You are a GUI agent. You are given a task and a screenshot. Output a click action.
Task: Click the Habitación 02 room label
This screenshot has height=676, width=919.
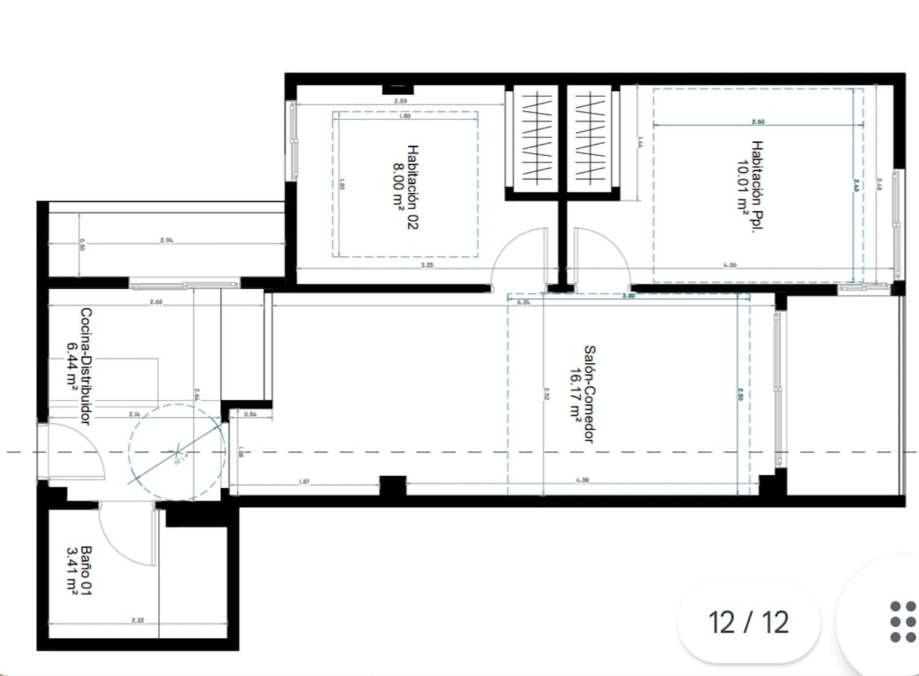[x=413, y=187]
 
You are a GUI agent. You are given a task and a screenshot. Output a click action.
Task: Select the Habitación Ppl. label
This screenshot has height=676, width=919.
[x=757, y=187]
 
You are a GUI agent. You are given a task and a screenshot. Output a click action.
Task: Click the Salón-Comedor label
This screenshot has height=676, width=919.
[x=589, y=394]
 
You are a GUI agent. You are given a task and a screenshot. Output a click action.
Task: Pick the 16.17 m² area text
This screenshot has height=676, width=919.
[x=575, y=394]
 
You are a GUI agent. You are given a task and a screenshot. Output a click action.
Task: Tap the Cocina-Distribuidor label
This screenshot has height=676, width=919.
[x=86, y=366]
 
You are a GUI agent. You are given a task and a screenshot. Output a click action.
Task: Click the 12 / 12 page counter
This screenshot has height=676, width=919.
[x=748, y=622]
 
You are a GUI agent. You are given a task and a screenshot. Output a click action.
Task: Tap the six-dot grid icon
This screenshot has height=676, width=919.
[x=903, y=622]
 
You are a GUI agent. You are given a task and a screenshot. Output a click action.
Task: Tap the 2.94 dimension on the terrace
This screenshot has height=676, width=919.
[x=166, y=240]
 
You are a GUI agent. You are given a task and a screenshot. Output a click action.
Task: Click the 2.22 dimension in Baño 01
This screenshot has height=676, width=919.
[x=137, y=620]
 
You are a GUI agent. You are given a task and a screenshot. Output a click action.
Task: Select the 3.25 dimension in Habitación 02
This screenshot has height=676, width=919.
[x=427, y=265]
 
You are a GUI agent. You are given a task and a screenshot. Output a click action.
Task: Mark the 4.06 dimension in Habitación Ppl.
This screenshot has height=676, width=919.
[x=730, y=265]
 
